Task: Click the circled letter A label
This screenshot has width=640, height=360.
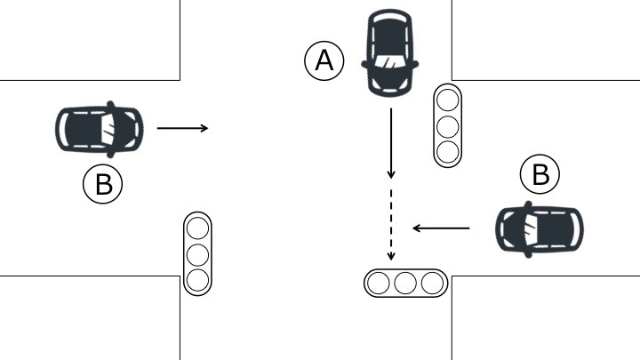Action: (x=324, y=61)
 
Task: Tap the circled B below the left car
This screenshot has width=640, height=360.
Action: (x=103, y=184)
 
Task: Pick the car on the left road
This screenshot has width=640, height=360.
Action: (x=98, y=129)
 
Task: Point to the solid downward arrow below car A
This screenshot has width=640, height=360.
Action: (x=390, y=142)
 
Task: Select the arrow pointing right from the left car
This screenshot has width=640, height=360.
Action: (x=182, y=129)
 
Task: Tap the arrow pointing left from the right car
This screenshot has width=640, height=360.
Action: (x=441, y=228)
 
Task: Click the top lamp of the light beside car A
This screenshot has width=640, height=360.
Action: (x=448, y=100)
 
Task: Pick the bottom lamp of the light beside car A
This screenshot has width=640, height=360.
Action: (x=448, y=151)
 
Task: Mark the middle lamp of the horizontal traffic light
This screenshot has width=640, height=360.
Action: (x=406, y=284)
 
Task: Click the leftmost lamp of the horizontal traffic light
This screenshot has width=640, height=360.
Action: (x=380, y=284)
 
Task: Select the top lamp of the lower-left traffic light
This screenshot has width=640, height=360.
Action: (x=197, y=228)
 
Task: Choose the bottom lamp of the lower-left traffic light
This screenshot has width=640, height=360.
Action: (x=197, y=280)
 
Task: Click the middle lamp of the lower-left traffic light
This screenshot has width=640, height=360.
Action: (x=197, y=254)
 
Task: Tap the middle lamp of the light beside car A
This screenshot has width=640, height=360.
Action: (x=448, y=125)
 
